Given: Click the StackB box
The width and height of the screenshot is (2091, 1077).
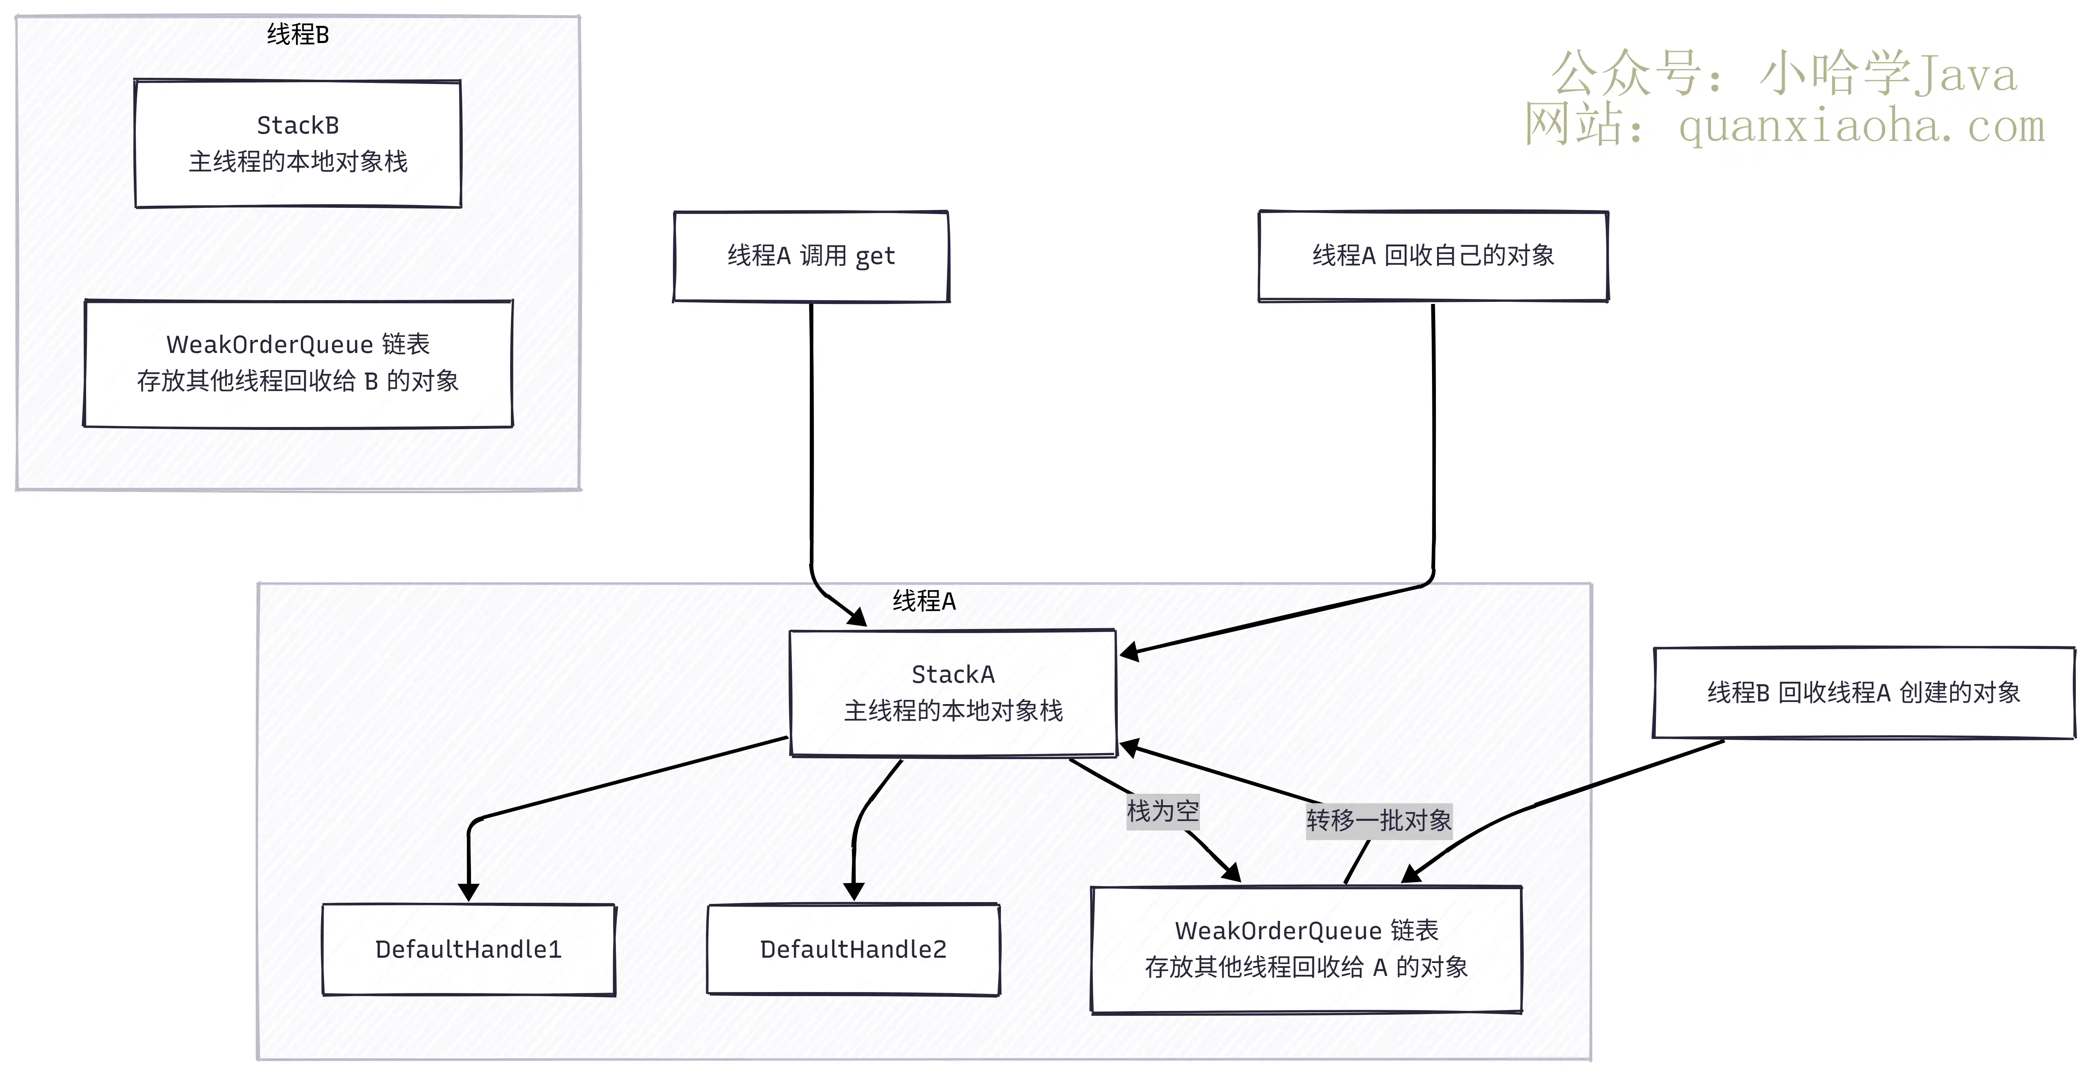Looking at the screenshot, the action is coord(298,144).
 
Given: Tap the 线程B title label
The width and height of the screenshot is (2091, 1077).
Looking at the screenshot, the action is coord(298,34).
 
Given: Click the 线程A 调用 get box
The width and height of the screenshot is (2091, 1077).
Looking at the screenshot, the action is coord(811,256).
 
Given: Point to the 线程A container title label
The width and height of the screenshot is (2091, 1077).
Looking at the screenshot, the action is coord(925,601).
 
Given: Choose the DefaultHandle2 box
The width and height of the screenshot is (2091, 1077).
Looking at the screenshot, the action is coord(853,949).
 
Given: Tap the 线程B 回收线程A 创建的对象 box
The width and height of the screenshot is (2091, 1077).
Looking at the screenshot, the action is coord(1864,692).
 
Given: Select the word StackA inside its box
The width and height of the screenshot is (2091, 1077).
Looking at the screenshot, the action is coord(953,674).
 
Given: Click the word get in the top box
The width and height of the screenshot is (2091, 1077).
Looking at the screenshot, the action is coord(875,257).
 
